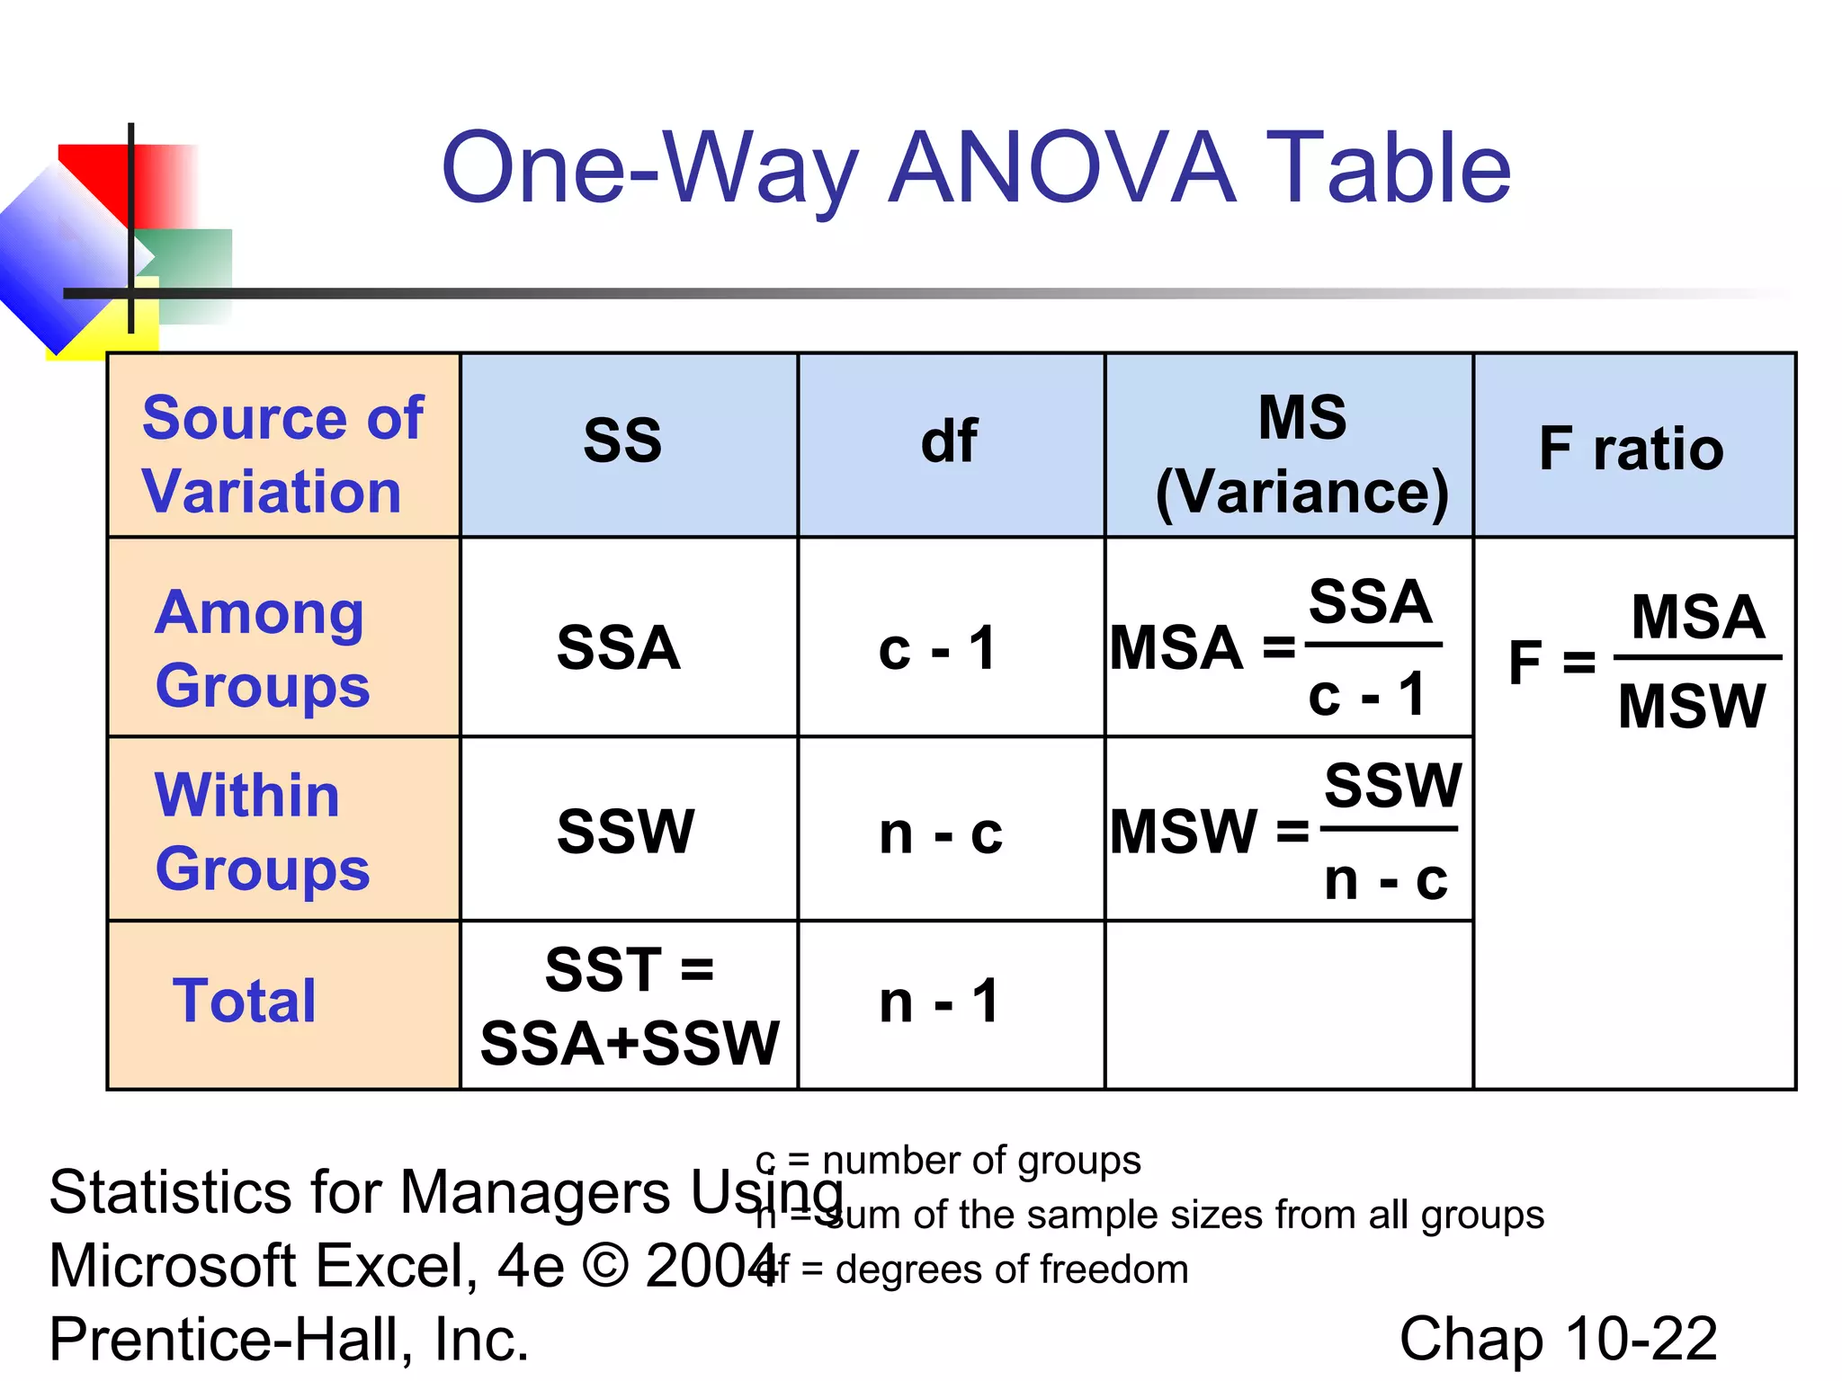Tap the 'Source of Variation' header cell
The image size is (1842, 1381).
pyautogui.click(x=282, y=454)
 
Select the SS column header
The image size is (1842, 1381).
pyautogui.click(x=622, y=441)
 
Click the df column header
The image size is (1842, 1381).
pyautogui.click(x=949, y=441)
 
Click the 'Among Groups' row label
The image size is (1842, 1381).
pyautogui.click(x=263, y=648)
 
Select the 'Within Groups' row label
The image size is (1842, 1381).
pyautogui.click(x=263, y=832)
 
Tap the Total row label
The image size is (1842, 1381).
pyautogui.click(x=245, y=1001)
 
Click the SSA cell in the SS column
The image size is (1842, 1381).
pyautogui.click(x=619, y=648)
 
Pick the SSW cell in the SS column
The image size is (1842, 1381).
pyautogui.click(x=625, y=832)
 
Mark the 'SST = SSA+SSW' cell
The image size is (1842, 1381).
pyautogui.click(x=630, y=1006)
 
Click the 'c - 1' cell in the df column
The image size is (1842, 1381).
pyautogui.click(x=938, y=648)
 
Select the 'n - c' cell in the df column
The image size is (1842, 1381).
pyautogui.click(x=941, y=833)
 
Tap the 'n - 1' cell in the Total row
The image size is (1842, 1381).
pyautogui.click(x=940, y=1002)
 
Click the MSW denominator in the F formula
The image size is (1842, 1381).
pyautogui.click(x=1692, y=706)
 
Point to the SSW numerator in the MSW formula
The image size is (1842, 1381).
pyautogui.click(x=1392, y=785)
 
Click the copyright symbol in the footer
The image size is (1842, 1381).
pyautogui.click(x=605, y=1266)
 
